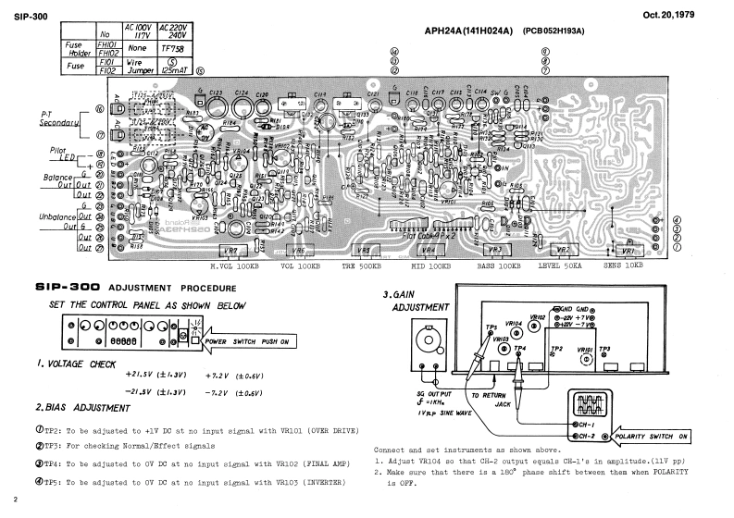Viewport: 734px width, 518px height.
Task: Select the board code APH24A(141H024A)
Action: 471,31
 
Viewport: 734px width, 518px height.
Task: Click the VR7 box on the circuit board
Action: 230,251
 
